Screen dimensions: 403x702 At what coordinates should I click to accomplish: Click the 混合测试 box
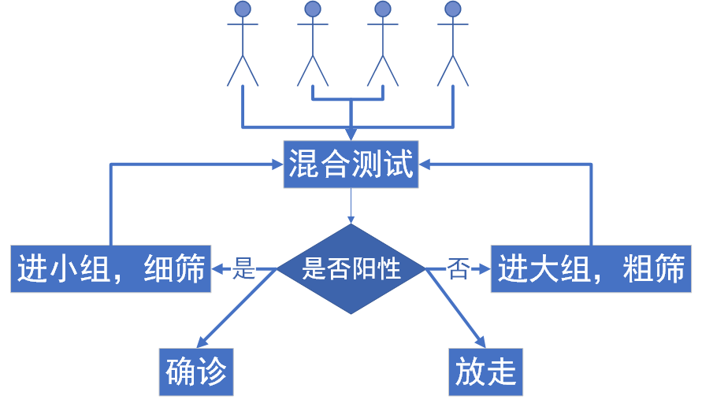pyautogui.click(x=351, y=165)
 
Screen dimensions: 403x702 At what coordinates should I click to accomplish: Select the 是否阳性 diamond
pyautogui.click(x=351, y=269)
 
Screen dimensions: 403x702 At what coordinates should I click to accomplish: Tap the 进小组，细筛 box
pyautogui.click(x=110, y=269)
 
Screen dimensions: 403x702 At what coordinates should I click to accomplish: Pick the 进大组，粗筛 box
pyautogui.click(x=591, y=269)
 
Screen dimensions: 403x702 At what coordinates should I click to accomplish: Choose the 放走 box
pyautogui.click(x=486, y=371)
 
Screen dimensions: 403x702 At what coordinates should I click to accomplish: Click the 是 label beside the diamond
pyautogui.click(x=245, y=269)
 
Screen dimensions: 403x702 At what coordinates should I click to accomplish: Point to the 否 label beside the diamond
pyautogui.click(x=458, y=269)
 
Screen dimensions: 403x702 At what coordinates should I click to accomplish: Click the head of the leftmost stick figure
pyautogui.click(x=243, y=9)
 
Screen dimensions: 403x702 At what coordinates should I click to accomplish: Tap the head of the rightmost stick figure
pyautogui.click(x=452, y=9)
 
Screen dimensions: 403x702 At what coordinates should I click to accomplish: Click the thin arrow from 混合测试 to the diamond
pyautogui.click(x=351, y=206)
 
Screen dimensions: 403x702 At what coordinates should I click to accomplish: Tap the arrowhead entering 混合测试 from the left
pyautogui.click(x=277, y=165)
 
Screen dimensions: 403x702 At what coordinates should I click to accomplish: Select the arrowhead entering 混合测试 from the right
pyautogui.click(x=425, y=165)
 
